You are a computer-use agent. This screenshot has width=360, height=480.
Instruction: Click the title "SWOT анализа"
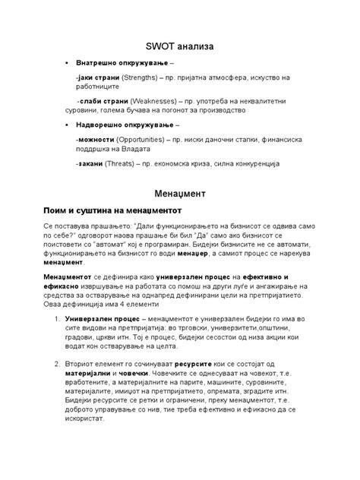tap(180, 47)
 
